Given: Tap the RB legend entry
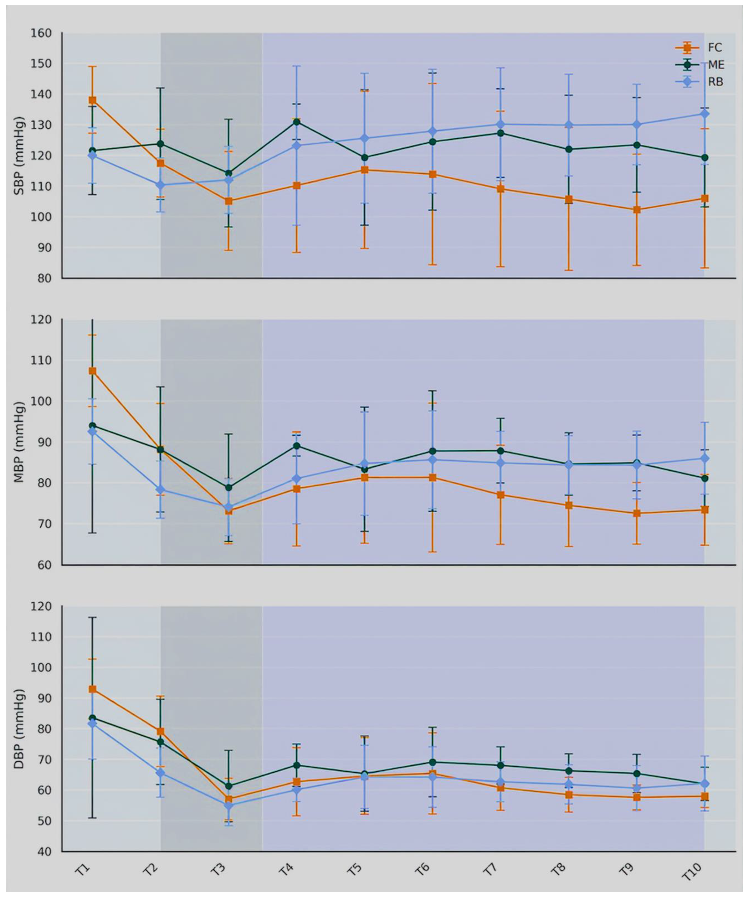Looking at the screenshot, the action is coord(700,82).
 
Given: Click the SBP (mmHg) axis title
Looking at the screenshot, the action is coord(19,156).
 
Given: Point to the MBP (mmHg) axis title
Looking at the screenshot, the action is coord(19,442).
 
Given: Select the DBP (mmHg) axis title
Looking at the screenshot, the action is coord(19,729).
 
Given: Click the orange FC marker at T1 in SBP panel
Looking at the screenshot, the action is coord(92,100).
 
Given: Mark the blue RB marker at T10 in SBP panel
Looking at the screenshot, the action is coord(704,114).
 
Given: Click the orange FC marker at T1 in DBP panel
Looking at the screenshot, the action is coord(92,689).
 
